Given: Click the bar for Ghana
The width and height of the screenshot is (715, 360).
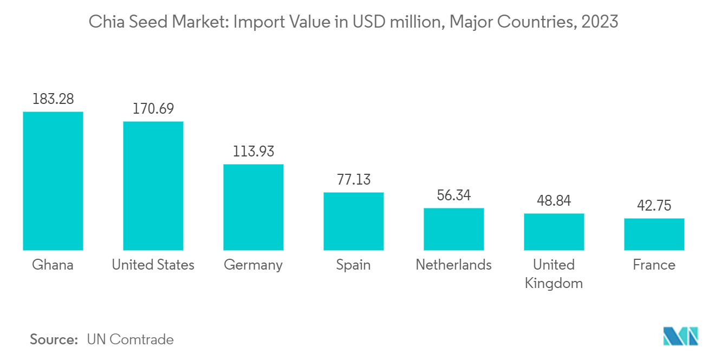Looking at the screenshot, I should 53,181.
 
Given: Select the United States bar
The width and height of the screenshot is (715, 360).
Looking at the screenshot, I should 153,186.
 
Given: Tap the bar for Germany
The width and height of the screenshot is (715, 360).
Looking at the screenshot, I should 253,207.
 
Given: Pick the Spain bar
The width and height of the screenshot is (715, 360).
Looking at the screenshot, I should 353,221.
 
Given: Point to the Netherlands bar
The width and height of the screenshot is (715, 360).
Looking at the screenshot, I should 453,229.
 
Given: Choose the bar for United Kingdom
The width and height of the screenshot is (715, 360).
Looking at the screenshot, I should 554,232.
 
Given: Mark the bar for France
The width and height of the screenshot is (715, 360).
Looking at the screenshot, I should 654,234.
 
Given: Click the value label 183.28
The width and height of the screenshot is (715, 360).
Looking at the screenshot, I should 53,99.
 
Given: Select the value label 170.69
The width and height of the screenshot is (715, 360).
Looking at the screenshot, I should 153,109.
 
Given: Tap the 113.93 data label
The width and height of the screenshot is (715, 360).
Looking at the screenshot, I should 253,152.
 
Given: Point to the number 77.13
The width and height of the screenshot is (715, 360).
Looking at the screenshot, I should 353,180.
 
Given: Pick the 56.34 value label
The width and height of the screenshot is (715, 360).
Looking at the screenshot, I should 453,195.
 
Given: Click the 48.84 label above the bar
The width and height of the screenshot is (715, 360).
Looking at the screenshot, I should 554,201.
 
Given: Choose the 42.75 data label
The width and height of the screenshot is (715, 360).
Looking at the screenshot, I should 654,206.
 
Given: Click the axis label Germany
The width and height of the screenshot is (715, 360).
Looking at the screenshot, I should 253,265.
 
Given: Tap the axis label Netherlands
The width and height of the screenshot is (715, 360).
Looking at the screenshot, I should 453,265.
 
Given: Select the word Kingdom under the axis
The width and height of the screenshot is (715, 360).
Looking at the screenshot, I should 554,283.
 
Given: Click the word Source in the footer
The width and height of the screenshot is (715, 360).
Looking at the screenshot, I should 54,339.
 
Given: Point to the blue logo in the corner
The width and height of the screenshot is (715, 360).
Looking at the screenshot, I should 680,336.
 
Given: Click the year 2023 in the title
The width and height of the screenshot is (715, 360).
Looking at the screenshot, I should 600,22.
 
